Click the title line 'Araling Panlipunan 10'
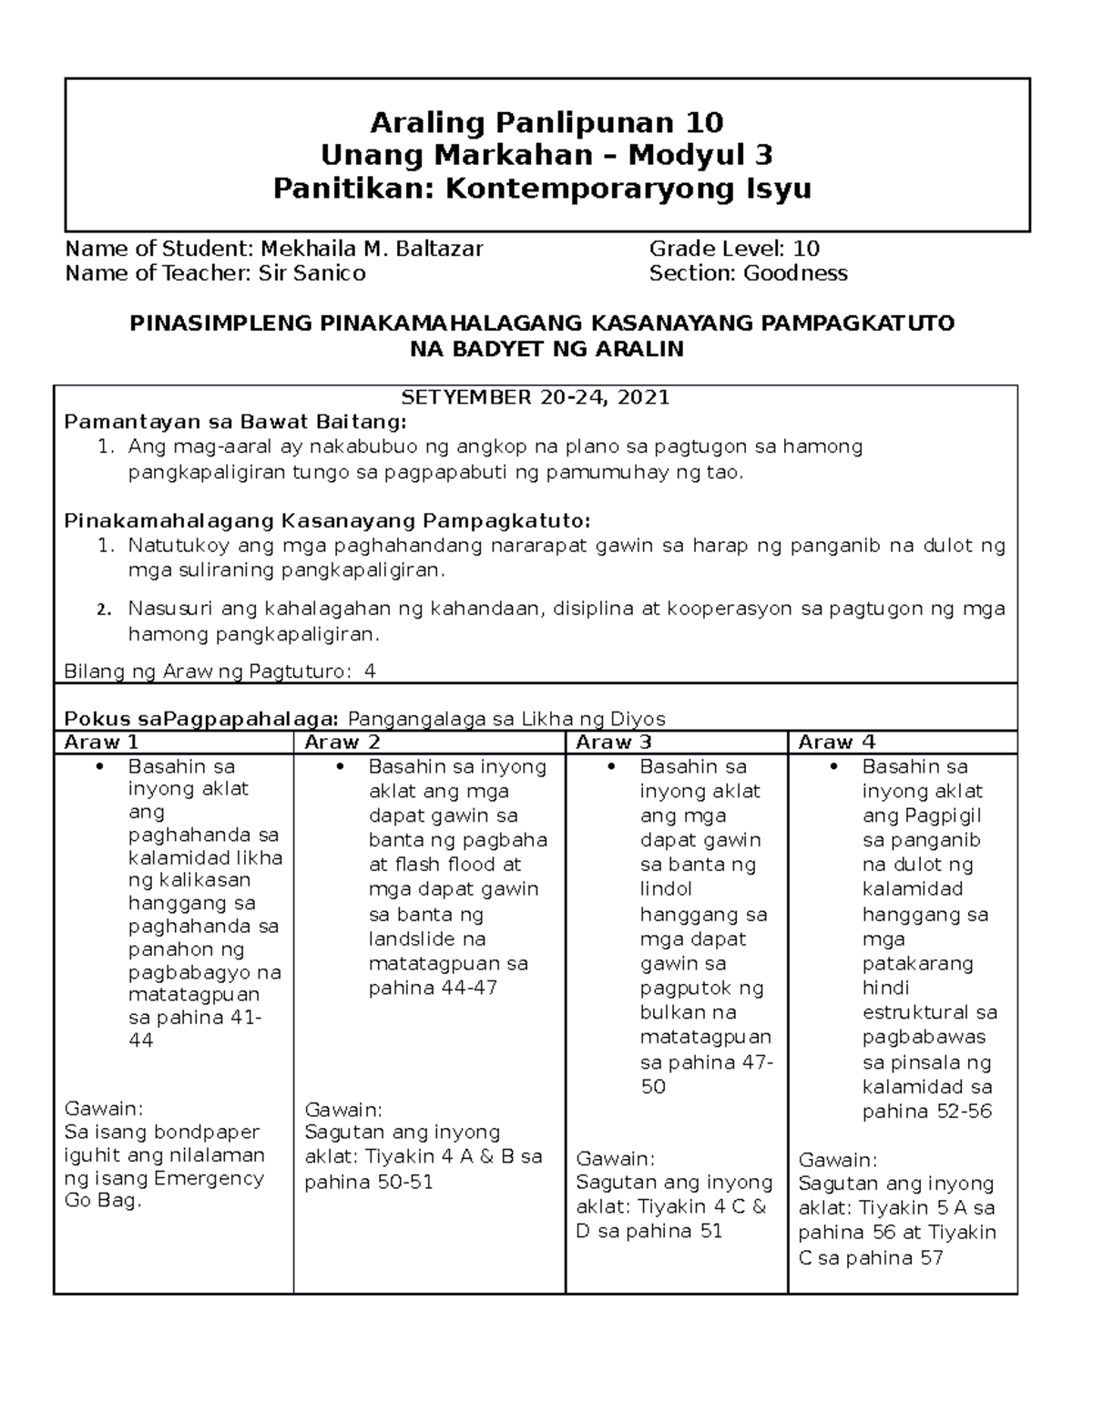(x=546, y=122)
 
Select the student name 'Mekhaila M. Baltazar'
(x=372, y=248)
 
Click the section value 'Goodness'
(x=795, y=273)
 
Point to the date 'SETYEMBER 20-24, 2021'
(x=536, y=397)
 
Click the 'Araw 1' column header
(x=101, y=742)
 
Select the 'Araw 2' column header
(x=342, y=742)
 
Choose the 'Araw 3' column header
(x=613, y=742)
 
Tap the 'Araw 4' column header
(x=836, y=742)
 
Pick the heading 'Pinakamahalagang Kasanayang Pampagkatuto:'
(x=327, y=521)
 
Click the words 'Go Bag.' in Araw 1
(x=103, y=1201)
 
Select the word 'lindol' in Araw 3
(x=666, y=889)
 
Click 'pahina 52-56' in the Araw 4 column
(x=926, y=1112)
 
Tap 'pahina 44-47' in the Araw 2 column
(x=433, y=989)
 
